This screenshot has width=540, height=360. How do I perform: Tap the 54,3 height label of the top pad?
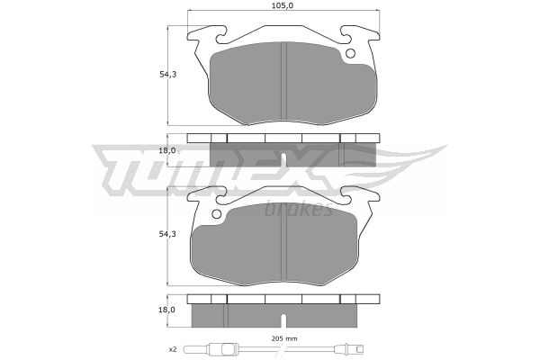[x=167, y=74]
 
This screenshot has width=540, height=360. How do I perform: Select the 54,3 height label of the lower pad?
[x=167, y=234]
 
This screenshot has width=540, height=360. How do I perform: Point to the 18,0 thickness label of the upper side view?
[x=167, y=150]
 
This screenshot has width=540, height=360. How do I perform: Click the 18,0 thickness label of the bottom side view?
[x=167, y=310]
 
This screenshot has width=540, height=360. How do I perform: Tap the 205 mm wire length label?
[x=283, y=338]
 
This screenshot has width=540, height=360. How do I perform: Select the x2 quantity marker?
[x=173, y=349]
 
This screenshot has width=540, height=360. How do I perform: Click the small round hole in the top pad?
[x=351, y=53]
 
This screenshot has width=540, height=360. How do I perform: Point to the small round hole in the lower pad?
[x=216, y=214]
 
